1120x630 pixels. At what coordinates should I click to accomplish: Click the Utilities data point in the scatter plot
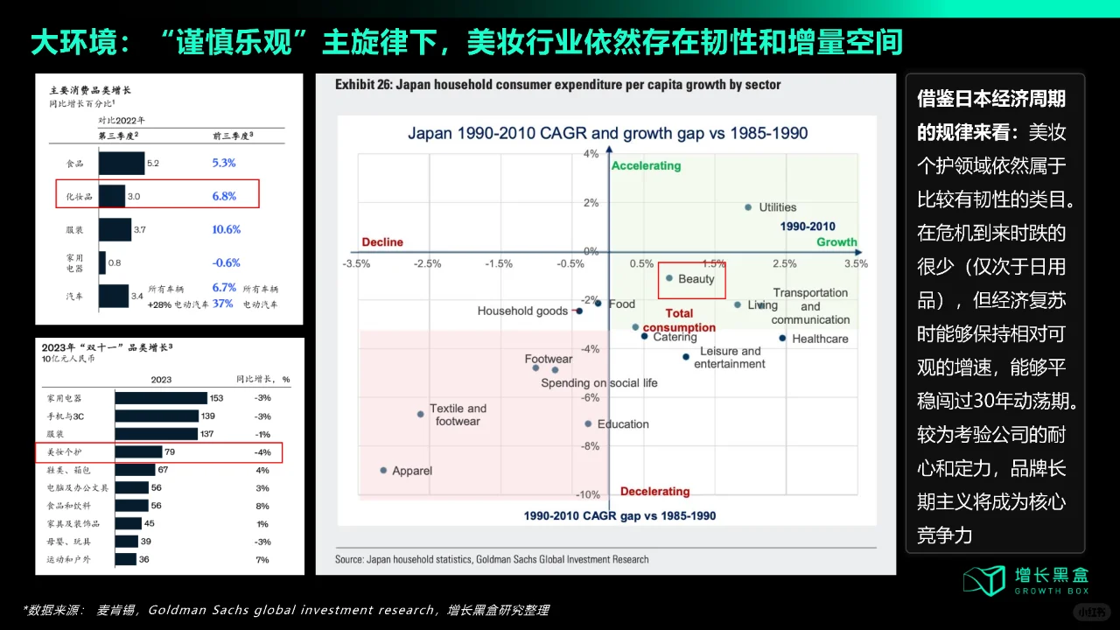pyautogui.click(x=748, y=207)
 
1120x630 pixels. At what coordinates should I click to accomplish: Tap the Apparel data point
pyautogui.click(x=383, y=470)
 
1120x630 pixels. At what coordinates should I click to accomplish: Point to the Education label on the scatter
pyautogui.click(x=623, y=424)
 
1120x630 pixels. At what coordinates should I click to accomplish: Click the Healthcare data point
pyautogui.click(x=782, y=338)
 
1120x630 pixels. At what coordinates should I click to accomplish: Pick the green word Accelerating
pyautogui.click(x=646, y=165)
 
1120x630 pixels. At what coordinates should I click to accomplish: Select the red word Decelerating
pyautogui.click(x=654, y=492)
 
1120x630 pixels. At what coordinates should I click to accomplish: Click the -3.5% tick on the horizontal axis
pyautogui.click(x=356, y=263)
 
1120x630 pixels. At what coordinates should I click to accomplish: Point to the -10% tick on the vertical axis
pyautogui.click(x=589, y=495)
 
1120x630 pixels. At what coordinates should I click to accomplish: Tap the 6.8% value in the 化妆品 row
pyautogui.click(x=224, y=196)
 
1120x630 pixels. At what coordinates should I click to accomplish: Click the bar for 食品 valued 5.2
pyautogui.click(x=122, y=163)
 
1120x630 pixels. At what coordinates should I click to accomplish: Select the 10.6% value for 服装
pyautogui.click(x=226, y=229)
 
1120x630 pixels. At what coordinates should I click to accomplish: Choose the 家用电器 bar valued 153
pyautogui.click(x=161, y=398)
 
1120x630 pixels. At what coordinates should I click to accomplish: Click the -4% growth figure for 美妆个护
pyautogui.click(x=262, y=452)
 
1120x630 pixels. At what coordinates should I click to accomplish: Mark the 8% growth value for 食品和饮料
pyautogui.click(x=262, y=506)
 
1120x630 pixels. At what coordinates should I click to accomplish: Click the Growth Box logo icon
pyautogui.click(x=985, y=580)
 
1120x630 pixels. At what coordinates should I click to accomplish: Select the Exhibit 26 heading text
pyautogui.click(x=557, y=85)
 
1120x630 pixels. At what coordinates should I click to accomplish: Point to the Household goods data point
pyautogui.click(x=578, y=311)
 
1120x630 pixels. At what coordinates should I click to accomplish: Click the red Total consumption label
pyautogui.click(x=679, y=320)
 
